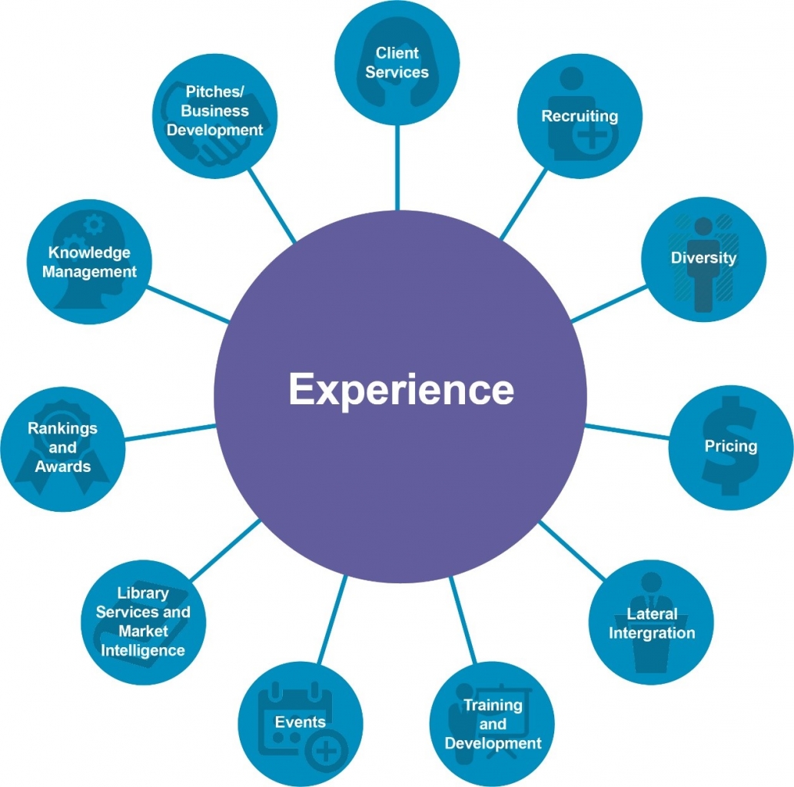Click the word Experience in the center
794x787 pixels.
[x=400, y=389]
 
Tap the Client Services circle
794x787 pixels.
[x=397, y=63]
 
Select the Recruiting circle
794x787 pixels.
[x=580, y=116]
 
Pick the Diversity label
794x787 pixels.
[x=703, y=257]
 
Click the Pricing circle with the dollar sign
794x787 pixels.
[x=730, y=447]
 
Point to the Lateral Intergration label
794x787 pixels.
[x=651, y=623]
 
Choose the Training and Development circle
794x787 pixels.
[x=492, y=724]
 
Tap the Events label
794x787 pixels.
[x=300, y=722]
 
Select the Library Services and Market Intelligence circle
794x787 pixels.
[x=143, y=622]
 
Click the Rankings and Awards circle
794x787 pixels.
[x=62, y=448]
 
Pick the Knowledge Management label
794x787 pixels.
[x=89, y=262]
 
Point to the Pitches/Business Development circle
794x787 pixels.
[x=214, y=111]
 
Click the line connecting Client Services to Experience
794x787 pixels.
[x=397, y=168]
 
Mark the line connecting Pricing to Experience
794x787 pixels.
[x=627, y=431]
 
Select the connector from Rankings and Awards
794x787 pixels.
[x=170, y=432]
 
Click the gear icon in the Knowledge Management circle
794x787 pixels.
[x=93, y=224]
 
